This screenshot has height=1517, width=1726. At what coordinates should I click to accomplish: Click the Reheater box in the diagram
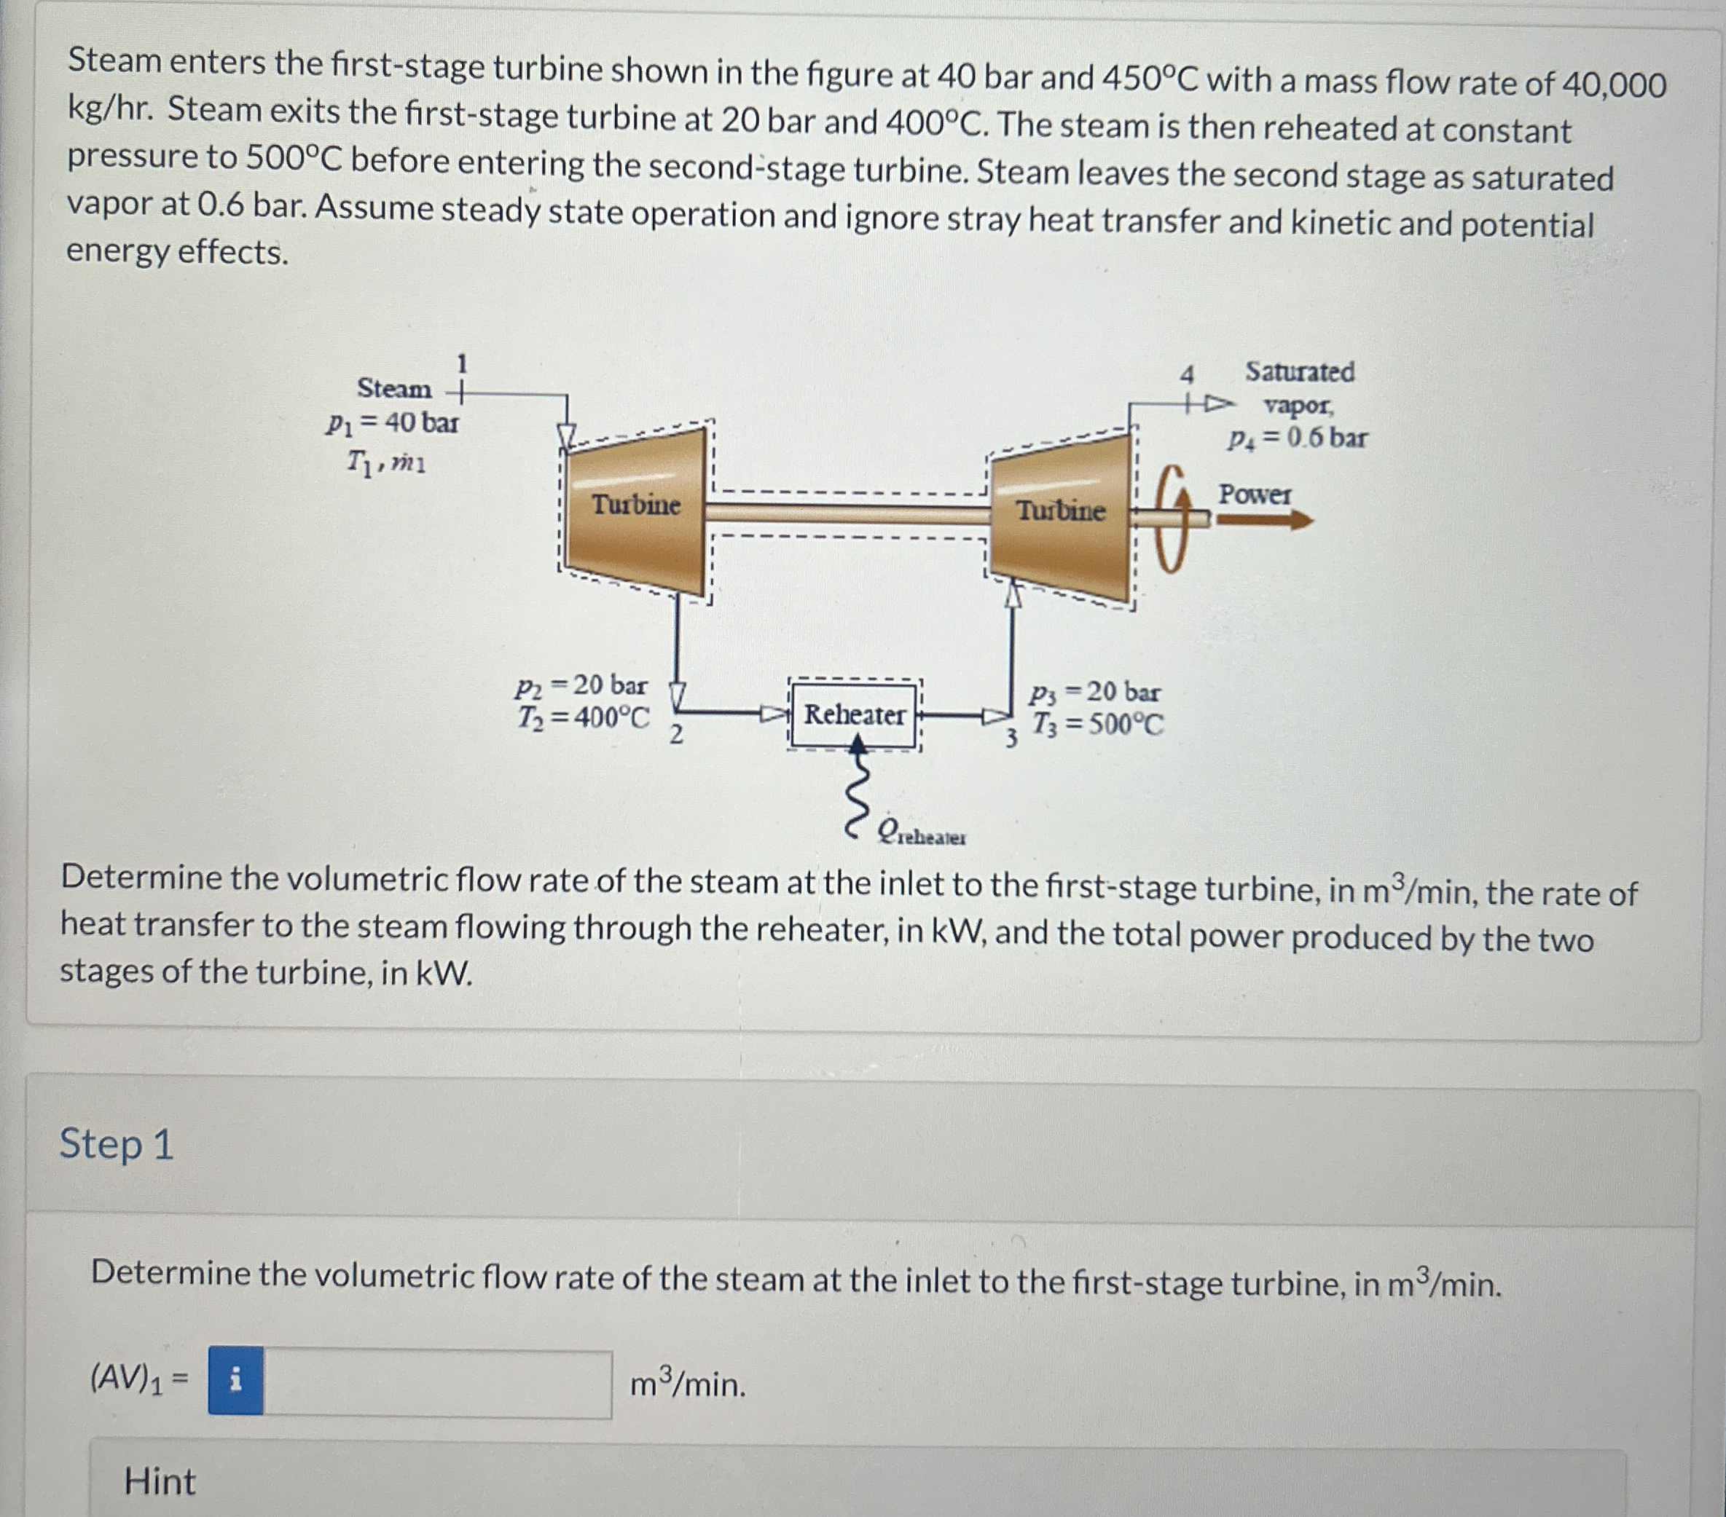(855, 715)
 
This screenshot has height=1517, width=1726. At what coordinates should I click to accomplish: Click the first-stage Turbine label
(636, 504)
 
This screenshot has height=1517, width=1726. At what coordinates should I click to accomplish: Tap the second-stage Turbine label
(1061, 511)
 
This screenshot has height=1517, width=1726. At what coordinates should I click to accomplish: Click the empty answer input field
(437, 1383)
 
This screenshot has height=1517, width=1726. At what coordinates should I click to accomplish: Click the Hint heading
(159, 1481)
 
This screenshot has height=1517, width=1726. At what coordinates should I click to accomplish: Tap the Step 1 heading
(117, 1145)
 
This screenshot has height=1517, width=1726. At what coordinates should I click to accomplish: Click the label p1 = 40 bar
(393, 422)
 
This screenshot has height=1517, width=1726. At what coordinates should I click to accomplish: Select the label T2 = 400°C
(584, 718)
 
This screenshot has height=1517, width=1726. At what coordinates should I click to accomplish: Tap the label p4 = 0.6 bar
(1297, 438)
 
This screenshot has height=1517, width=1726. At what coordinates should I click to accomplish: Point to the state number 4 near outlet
(1188, 374)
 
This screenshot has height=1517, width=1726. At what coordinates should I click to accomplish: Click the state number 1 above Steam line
(462, 363)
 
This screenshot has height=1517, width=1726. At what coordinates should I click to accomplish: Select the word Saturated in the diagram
(1300, 371)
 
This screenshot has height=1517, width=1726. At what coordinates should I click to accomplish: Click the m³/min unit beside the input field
(689, 1384)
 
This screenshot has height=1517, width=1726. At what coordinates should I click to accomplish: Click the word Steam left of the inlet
(393, 388)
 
